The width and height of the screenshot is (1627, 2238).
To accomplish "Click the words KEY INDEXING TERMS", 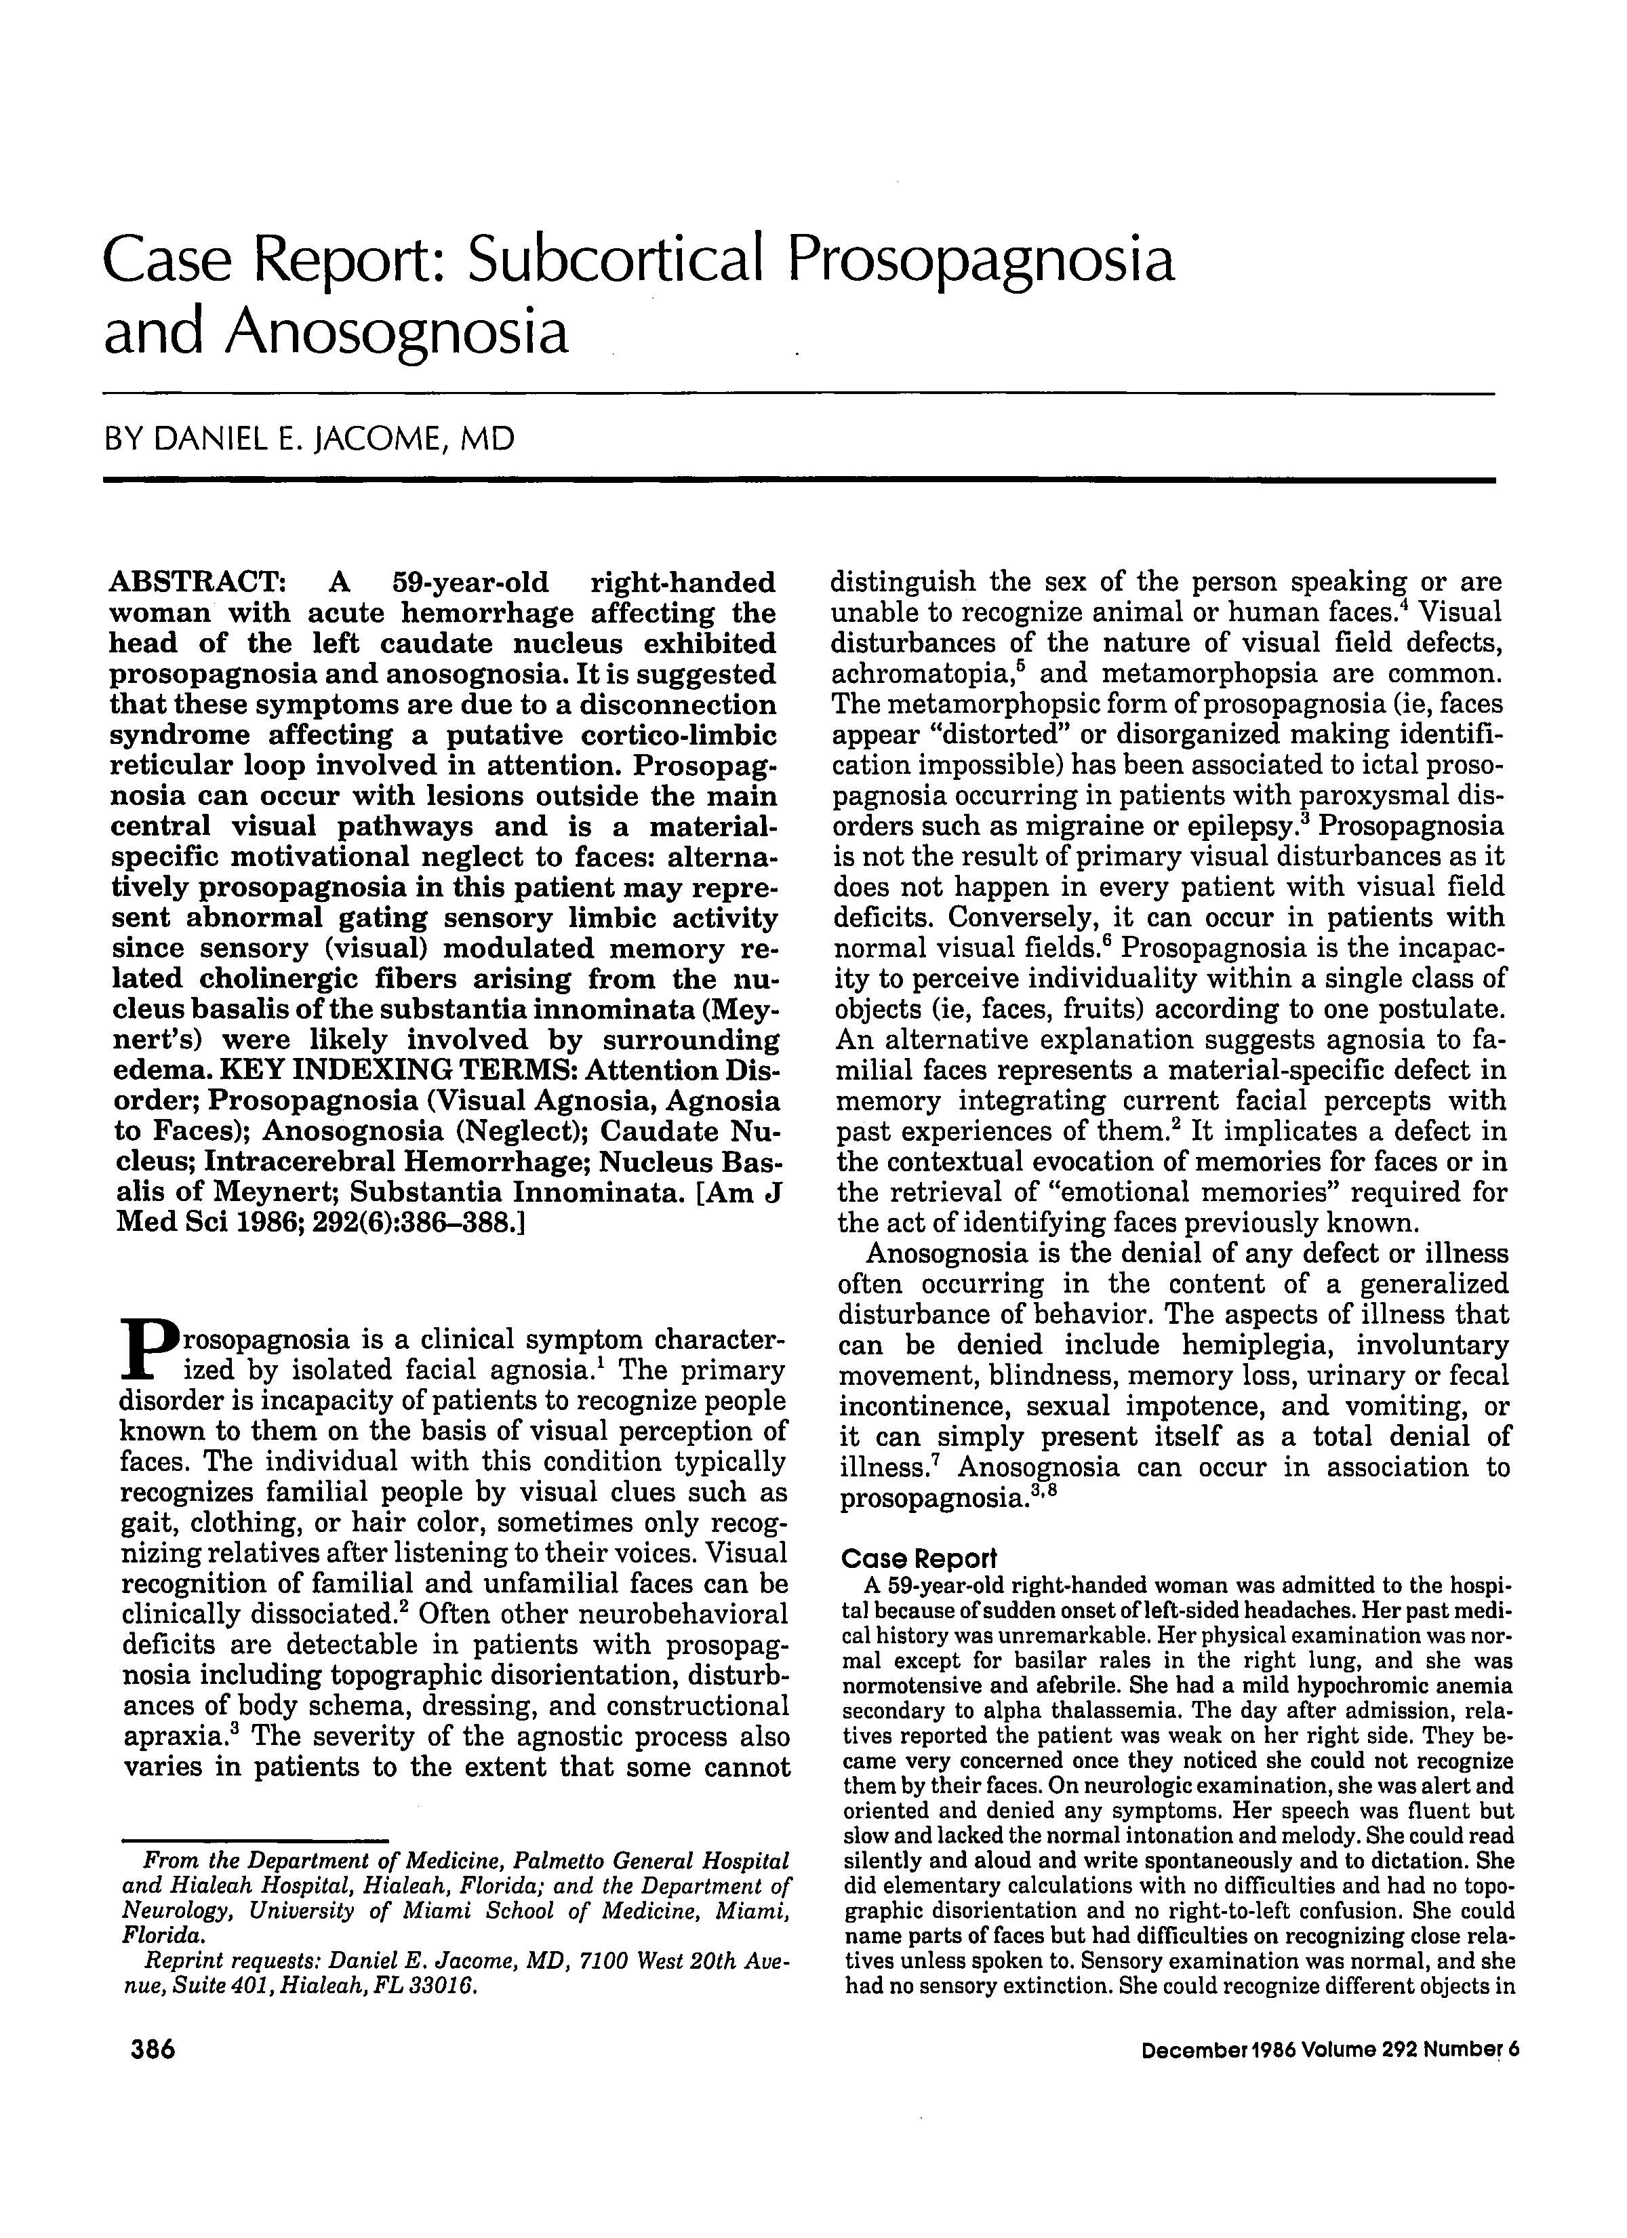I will pos(399,1071).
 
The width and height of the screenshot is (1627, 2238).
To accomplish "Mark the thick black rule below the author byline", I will pos(799,479).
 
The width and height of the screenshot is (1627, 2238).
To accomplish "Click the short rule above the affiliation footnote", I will pos(256,1837).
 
